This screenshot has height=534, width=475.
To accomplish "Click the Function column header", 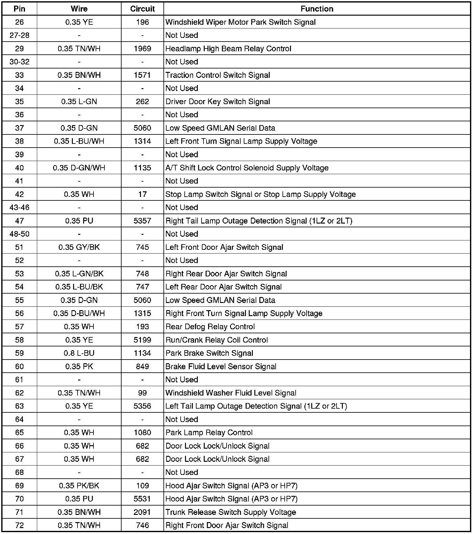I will (317, 9).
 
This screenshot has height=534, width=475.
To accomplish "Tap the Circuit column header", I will (142, 9).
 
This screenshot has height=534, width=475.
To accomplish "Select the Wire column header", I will (79, 9).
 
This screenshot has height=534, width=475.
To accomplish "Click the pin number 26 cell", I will (19, 22).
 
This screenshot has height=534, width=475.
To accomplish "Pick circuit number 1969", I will (142, 49).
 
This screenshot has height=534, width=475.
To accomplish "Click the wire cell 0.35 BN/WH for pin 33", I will (79, 75).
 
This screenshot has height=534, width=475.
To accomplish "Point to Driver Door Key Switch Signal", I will (217, 102).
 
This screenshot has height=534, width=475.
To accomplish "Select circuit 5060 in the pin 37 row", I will (142, 128).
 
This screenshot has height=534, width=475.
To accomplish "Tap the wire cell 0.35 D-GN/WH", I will (79, 168).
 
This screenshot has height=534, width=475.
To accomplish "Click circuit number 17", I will (142, 194).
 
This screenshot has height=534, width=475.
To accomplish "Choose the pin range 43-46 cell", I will (19, 208).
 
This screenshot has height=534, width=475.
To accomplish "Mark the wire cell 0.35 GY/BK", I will (79, 247).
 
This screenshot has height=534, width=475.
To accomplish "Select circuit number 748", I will (142, 274).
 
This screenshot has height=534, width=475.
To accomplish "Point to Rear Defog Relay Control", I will (210, 327).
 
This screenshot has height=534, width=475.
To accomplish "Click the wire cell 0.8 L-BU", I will (79, 353).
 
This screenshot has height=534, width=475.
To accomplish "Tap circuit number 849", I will (142, 366).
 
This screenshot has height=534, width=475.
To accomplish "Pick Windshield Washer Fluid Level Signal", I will (231, 393).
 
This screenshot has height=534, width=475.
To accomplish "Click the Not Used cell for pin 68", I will (182, 472).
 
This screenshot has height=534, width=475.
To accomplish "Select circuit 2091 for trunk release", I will (142, 512).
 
